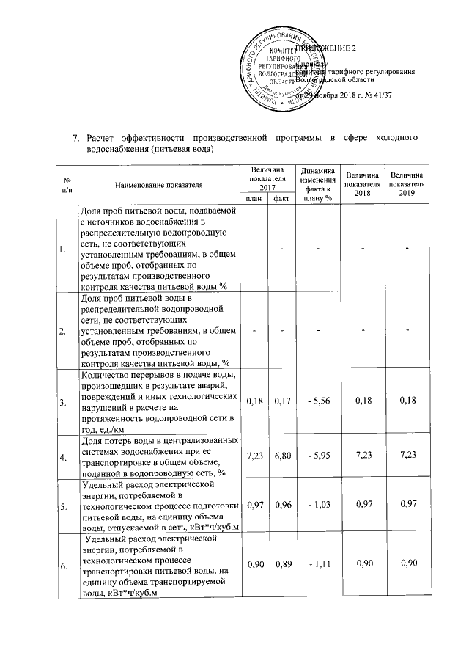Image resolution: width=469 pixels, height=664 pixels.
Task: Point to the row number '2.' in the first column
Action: tap(62, 330)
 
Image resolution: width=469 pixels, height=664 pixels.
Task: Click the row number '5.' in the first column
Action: tap(62, 506)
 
